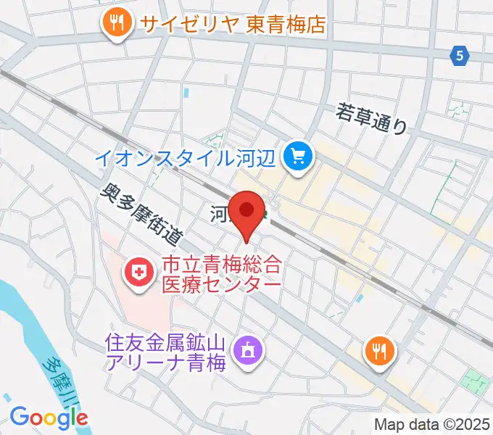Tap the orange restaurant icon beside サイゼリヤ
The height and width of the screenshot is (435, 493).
pos(116,23)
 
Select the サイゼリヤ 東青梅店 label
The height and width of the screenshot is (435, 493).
pos(233,24)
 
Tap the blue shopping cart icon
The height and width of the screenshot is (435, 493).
pos(299,154)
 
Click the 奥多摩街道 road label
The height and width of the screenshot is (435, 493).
pos(141,213)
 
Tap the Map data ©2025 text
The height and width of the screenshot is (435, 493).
pos(431,424)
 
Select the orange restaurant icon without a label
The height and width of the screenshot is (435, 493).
pos(378,352)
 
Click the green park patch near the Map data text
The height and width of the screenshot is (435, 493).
pos(475,381)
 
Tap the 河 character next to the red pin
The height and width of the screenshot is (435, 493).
pos(220,213)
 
